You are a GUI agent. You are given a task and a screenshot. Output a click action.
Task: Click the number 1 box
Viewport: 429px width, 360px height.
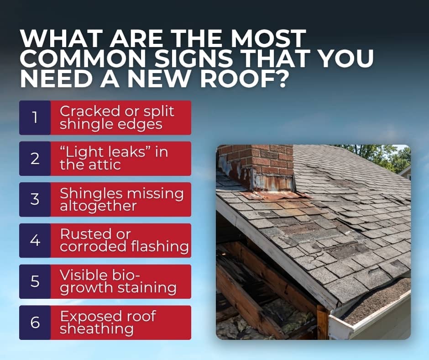click(x=35, y=118)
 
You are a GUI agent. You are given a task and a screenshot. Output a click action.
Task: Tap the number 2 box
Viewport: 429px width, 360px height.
click(x=35, y=159)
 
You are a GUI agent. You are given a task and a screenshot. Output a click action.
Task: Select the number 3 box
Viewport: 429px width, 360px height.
click(x=35, y=200)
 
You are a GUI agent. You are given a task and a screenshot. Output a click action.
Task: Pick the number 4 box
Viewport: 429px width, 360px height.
click(x=35, y=240)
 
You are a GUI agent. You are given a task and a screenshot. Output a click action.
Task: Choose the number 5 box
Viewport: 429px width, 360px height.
click(x=35, y=281)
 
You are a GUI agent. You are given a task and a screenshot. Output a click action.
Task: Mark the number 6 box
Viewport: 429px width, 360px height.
click(x=35, y=323)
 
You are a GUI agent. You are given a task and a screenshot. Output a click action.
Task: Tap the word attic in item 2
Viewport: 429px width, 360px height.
click(x=105, y=165)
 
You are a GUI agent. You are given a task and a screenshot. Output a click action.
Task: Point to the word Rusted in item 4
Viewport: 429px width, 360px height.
click(x=82, y=234)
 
